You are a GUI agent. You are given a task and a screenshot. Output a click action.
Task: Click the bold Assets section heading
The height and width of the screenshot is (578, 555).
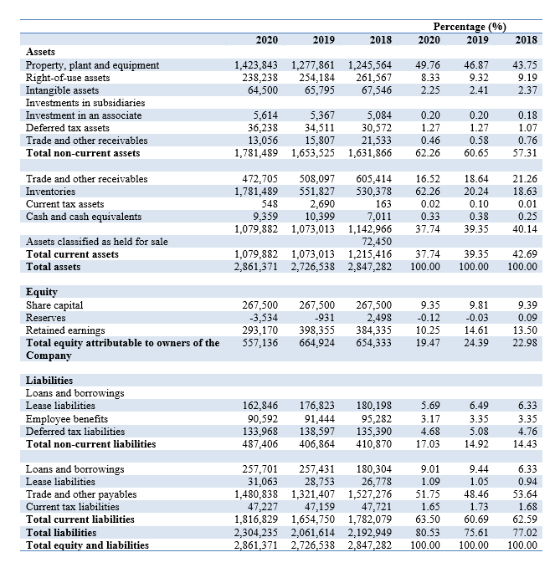(43, 52)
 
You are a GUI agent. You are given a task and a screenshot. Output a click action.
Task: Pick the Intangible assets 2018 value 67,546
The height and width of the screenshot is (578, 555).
(374, 90)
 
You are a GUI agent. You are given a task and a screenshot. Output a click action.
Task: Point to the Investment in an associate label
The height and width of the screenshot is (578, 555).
(84, 115)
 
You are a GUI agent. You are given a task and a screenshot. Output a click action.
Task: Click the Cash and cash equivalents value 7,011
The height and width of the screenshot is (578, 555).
(377, 216)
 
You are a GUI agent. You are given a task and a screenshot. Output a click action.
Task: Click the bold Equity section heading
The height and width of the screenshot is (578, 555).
(43, 293)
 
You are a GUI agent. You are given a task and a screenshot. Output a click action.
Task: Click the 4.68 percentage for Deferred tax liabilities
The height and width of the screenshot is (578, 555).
(427, 431)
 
